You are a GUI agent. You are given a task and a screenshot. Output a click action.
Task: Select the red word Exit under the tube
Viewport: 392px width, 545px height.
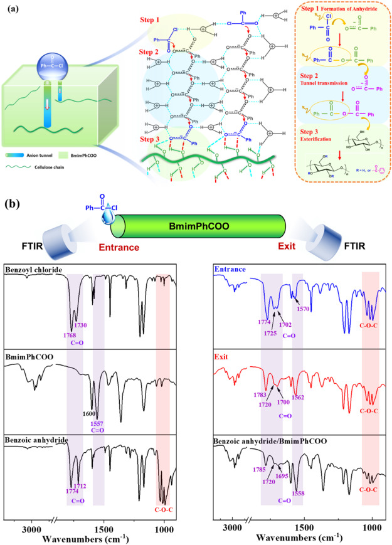point(273,248)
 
